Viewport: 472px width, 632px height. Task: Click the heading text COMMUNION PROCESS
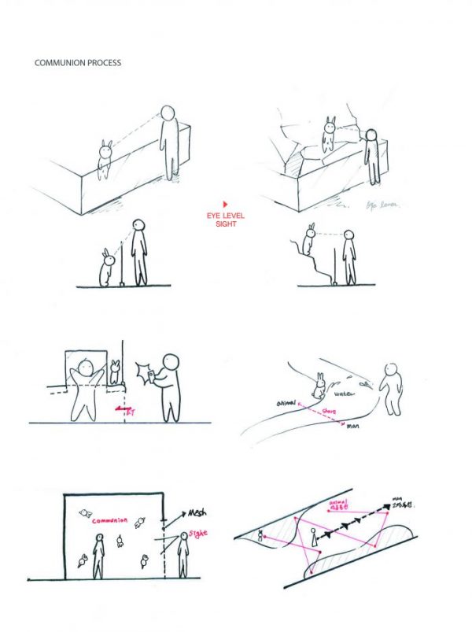[x=78, y=63]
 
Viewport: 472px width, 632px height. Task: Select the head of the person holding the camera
[x=171, y=363]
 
